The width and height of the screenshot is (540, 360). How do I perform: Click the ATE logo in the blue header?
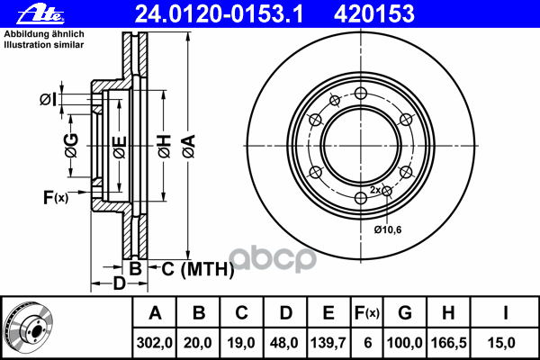[x=40, y=14]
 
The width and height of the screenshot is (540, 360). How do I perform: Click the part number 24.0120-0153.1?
[x=219, y=14]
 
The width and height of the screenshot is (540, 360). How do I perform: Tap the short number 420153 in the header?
[x=374, y=14]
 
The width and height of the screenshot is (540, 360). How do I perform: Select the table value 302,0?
[x=154, y=343]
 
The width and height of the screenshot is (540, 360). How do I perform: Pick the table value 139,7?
[x=328, y=343]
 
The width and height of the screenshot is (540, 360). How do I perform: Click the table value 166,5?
[x=449, y=343]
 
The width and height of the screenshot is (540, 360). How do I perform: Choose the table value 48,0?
[x=284, y=343]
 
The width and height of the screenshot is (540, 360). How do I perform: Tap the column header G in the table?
[x=405, y=313]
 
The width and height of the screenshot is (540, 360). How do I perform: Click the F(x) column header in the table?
[x=367, y=313]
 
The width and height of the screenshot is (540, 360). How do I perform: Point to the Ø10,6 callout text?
[x=388, y=229]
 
